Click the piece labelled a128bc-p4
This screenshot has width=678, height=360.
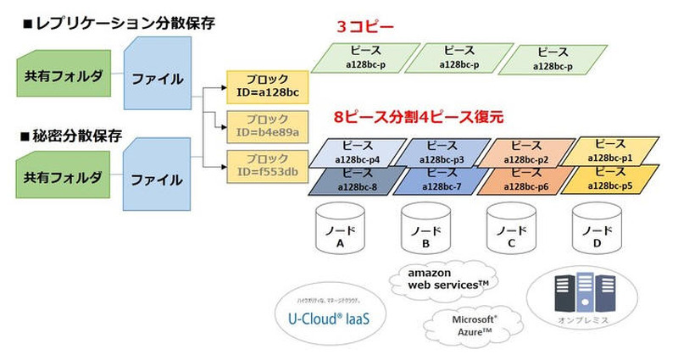pyautogui.click(x=356, y=152)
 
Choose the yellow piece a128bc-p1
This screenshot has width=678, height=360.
pyautogui.click(x=610, y=151)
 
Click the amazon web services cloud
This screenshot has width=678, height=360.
pyautogui.click(x=442, y=279)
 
